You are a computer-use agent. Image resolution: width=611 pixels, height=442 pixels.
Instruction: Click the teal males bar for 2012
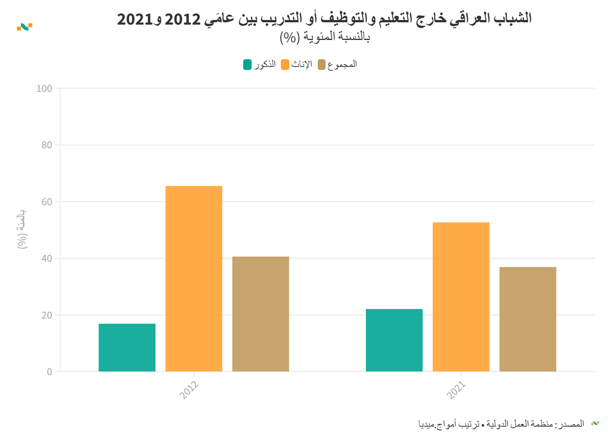click(x=127, y=347)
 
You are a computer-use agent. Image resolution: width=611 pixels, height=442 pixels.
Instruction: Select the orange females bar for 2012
click(x=194, y=279)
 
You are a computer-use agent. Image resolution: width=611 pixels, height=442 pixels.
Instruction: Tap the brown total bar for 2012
click(x=260, y=314)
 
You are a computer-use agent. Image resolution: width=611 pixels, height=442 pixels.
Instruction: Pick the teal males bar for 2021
click(x=394, y=340)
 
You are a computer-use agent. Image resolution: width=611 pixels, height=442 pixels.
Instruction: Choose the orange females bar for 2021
click(x=461, y=297)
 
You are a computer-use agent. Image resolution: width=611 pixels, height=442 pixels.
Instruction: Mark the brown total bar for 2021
click(x=528, y=319)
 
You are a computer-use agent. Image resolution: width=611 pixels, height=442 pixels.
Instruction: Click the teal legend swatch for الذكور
click(x=247, y=65)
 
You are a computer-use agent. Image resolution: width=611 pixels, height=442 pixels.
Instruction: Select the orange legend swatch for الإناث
click(x=285, y=65)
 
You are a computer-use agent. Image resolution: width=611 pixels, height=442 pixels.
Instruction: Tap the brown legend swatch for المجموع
click(x=322, y=65)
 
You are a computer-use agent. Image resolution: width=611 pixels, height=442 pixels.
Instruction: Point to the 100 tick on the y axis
click(x=44, y=89)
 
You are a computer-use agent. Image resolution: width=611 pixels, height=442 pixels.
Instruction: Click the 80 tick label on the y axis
click(x=47, y=145)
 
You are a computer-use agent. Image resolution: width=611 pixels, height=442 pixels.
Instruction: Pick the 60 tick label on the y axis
click(x=47, y=202)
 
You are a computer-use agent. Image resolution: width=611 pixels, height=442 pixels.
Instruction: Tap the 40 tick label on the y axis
click(x=47, y=259)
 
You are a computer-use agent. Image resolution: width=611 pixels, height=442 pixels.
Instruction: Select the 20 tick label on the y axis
click(x=47, y=315)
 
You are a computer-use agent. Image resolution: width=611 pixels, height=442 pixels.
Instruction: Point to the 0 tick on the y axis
click(x=49, y=372)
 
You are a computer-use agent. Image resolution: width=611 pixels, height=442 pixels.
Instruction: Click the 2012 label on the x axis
click(x=189, y=390)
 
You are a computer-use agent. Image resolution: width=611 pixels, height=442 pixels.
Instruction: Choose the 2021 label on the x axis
click(x=456, y=390)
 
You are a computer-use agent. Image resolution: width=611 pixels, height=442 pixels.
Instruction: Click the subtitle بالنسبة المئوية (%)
click(x=325, y=37)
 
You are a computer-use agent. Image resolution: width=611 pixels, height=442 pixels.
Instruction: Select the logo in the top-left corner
click(x=25, y=27)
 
